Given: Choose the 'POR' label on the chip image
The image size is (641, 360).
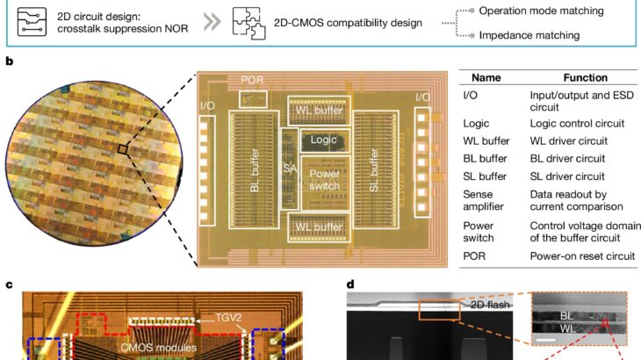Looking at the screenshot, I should pyautogui.click(x=252, y=81).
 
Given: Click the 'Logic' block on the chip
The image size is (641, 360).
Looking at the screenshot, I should pyautogui.click(x=325, y=140).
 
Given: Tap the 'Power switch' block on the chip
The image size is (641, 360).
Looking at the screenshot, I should pyautogui.click(x=325, y=180).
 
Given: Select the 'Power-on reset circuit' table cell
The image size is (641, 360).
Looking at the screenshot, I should pyautogui.click(x=581, y=257).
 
